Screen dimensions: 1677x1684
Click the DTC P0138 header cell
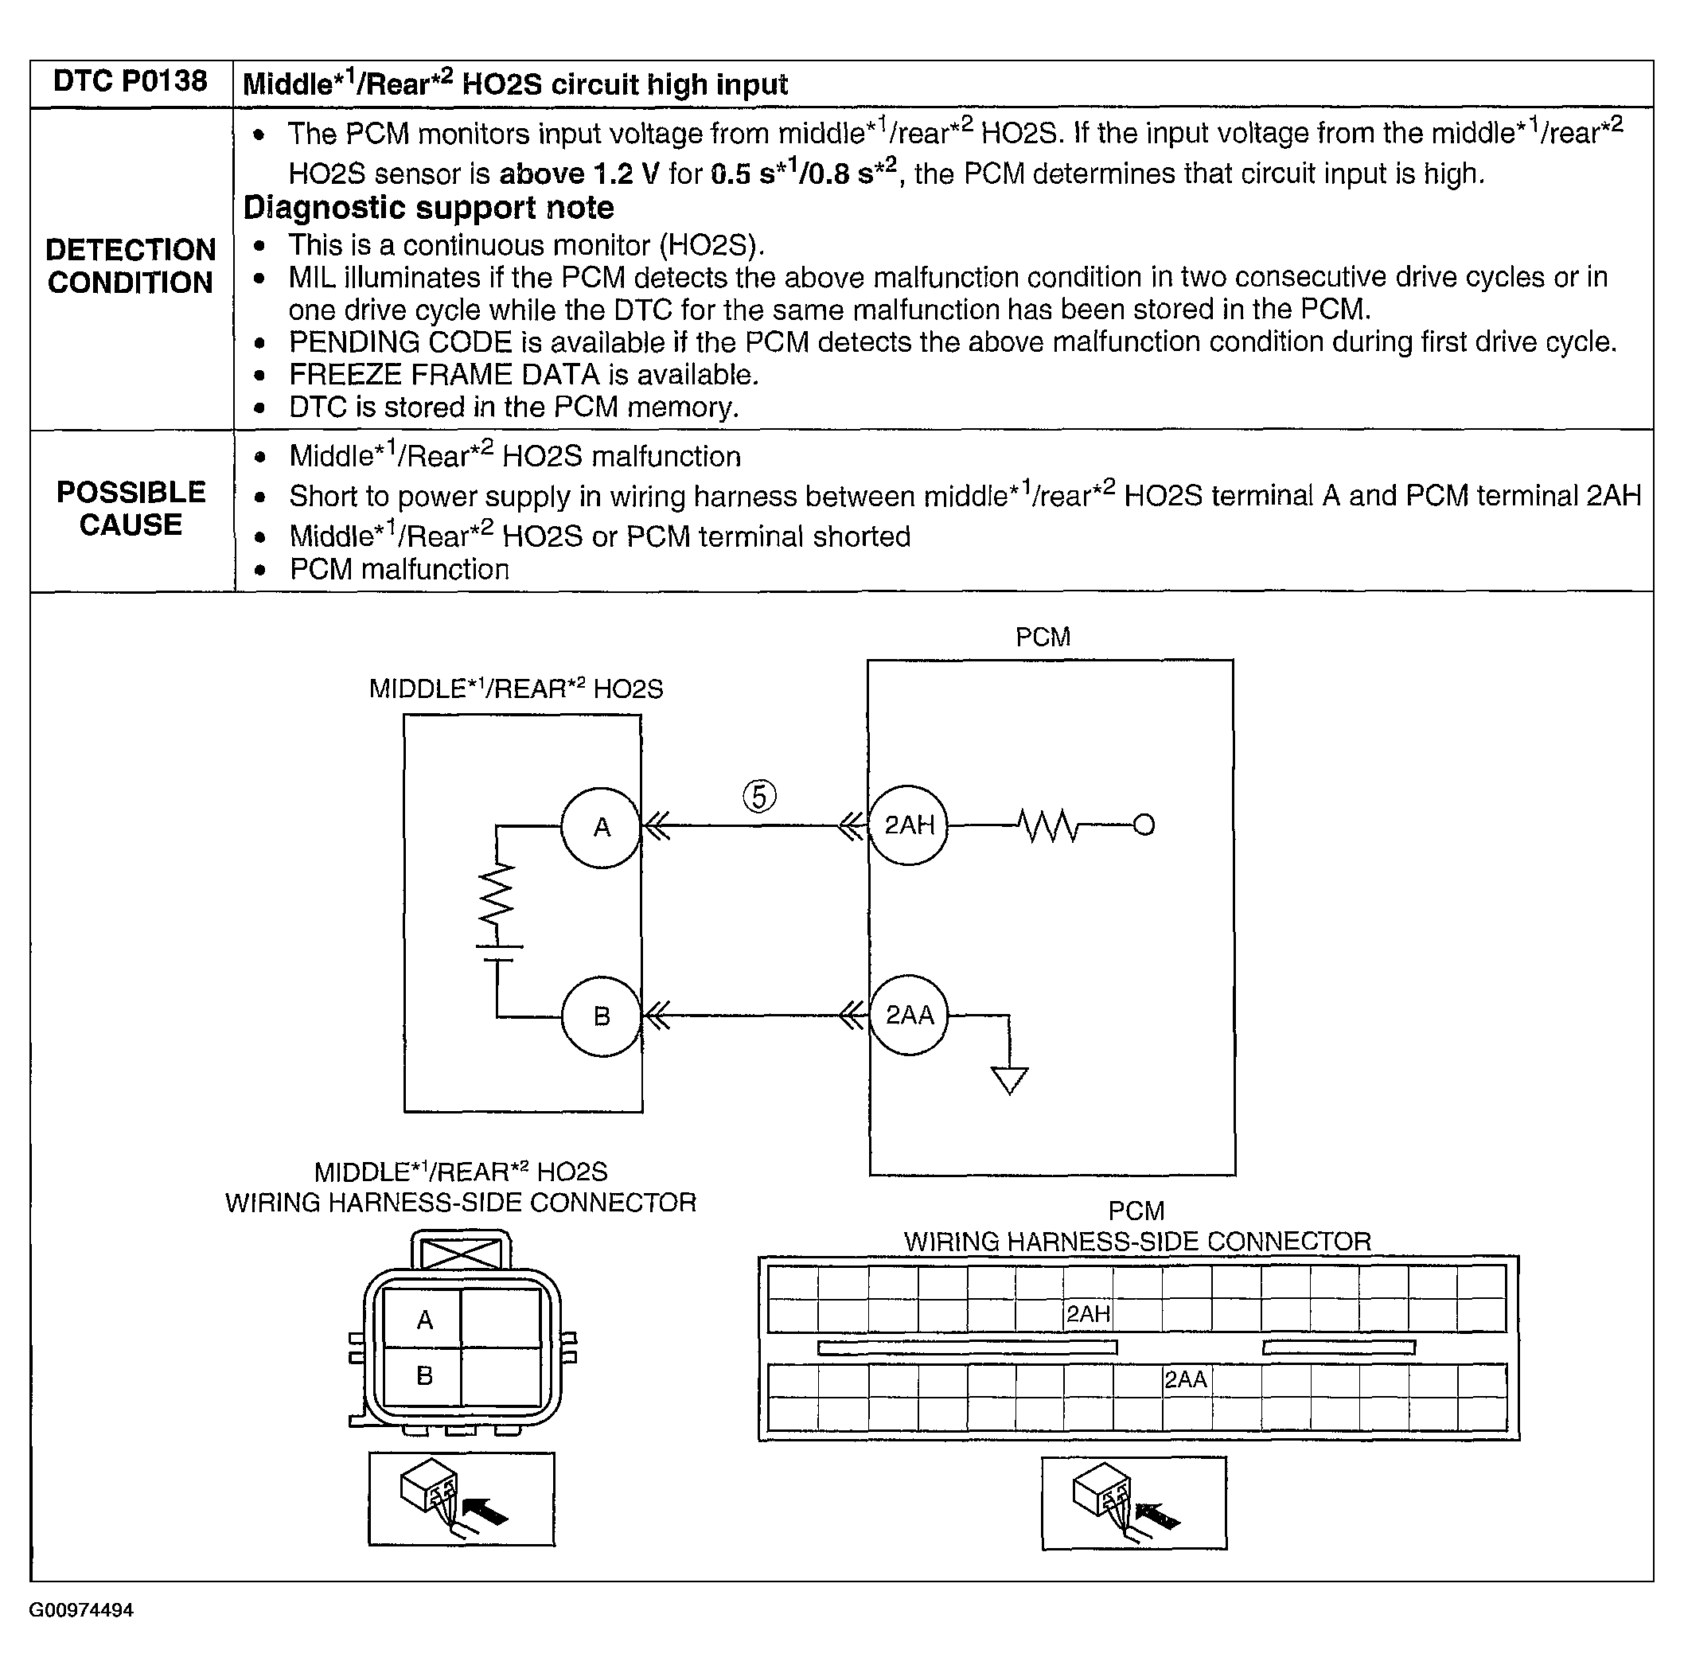pyautogui.click(x=131, y=82)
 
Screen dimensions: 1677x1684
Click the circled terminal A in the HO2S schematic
pyautogui.click(x=602, y=827)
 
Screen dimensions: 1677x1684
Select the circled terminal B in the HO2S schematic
pyautogui.click(x=602, y=1016)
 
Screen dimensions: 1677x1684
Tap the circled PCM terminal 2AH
pyautogui.click(x=909, y=825)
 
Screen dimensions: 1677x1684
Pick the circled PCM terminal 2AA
pyautogui.click(x=909, y=1015)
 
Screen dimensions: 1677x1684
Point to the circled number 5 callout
pyautogui.click(x=759, y=796)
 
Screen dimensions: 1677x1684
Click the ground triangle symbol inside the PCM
pyautogui.click(x=1009, y=1081)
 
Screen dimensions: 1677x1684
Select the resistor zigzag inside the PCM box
pyautogui.click(x=1050, y=825)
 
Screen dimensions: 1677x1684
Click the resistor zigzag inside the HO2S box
pyautogui.click(x=497, y=895)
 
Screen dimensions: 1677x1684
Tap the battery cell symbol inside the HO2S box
pyautogui.click(x=497, y=953)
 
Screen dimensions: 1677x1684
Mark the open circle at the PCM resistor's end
pyautogui.click(x=1144, y=825)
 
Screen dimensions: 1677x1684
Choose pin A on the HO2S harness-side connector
pyautogui.click(x=424, y=1320)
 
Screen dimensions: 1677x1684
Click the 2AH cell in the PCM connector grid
pyautogui.click(x=1088, y=1314)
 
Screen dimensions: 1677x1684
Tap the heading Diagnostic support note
pyautogui.click(x=428, y=209)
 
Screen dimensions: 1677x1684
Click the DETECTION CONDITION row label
pyautogui.click(x=131, y=266)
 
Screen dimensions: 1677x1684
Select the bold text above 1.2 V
pyautogui.click(x=579, y=174)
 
